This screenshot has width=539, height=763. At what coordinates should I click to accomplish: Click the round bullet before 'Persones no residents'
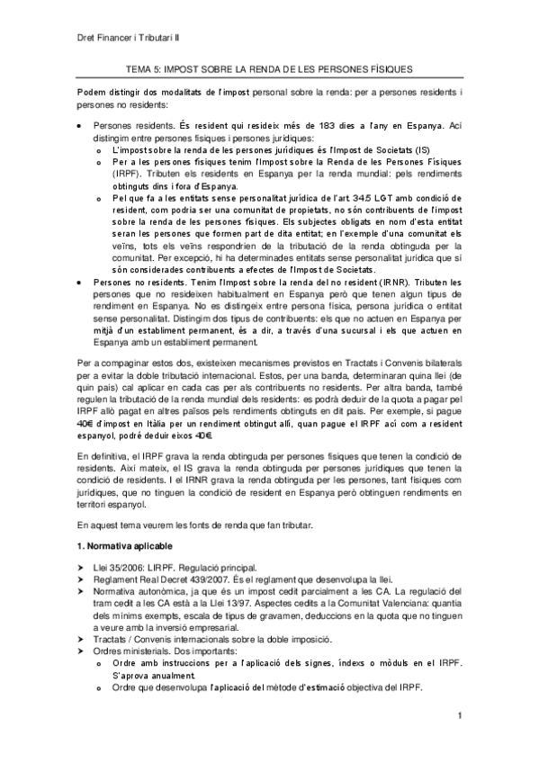point(82,282)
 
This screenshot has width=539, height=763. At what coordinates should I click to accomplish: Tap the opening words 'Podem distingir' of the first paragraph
point(111,94)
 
